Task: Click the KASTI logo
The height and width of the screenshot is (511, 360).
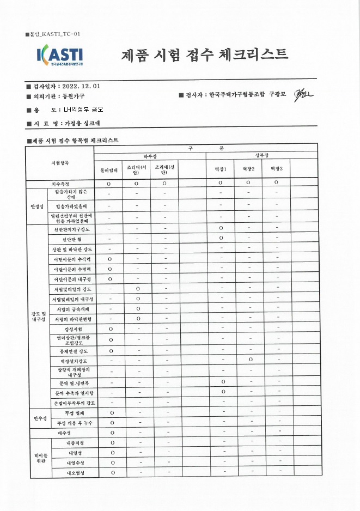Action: tap(59, 56)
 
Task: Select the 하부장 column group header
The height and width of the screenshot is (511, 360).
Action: tap(150, 156)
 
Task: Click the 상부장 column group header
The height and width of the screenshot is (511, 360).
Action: tap(261, 156)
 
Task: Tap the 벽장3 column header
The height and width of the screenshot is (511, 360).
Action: tap(276, 169)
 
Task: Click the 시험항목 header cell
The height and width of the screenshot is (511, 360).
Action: tap(59, 163)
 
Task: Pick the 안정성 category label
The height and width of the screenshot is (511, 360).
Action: tap(37, 206)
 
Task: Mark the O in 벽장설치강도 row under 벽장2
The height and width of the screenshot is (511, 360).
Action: tap(248, 360)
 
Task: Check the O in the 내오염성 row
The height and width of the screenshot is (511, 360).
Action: tap(112, 472)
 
